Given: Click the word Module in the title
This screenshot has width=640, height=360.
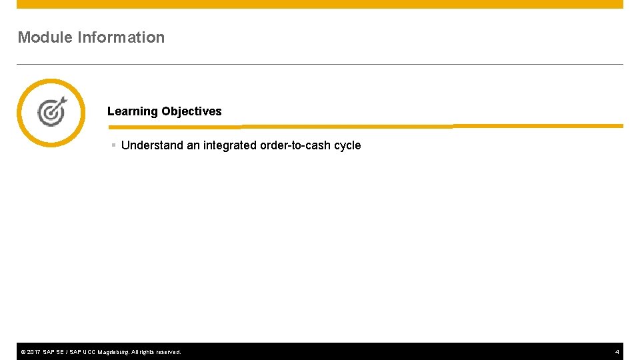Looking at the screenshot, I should pos(45,37).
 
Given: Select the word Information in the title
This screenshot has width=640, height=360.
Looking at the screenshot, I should pos(121,37).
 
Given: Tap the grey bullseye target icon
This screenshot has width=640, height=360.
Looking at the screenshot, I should pos(51,112).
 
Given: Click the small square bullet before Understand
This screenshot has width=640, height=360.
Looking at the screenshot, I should pos(114,145).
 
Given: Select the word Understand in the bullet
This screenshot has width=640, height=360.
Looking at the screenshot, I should pos(152,145).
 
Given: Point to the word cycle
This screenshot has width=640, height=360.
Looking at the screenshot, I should pos(347,145).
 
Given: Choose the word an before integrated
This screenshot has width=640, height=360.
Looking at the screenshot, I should pos(193,145).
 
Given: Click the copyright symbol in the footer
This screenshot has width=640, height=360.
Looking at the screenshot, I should pos(23,352).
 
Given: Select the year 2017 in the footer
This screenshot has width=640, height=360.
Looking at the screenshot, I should pos(33,352).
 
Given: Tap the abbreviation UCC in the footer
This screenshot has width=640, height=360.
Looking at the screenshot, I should pos(89,352).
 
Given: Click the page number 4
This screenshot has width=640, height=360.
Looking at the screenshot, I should pos(617,352).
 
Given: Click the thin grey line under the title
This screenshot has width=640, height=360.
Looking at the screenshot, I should pos(320,64).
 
